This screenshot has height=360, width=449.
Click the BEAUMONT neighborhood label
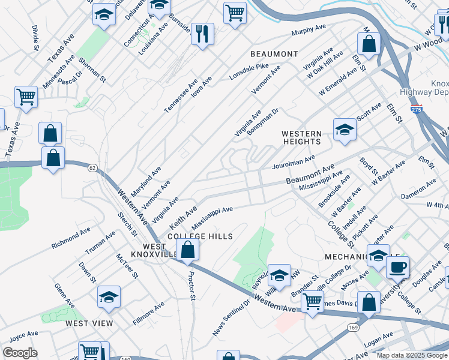point(274,54)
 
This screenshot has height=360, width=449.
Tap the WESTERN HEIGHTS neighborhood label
point(301,137)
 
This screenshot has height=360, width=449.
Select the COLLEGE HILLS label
point(200,236)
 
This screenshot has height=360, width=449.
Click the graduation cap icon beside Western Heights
point(345,129)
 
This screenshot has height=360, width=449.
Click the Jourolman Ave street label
point(294,160)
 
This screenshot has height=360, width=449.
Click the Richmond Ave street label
point(70,237)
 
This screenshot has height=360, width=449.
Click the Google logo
point(19,353)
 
